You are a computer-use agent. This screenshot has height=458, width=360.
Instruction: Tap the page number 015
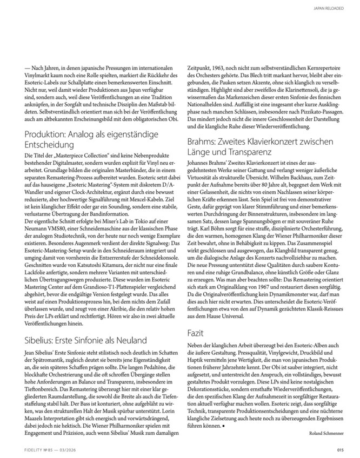[x=339, y=449]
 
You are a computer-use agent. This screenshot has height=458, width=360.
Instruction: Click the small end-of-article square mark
[x=222, y=412]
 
